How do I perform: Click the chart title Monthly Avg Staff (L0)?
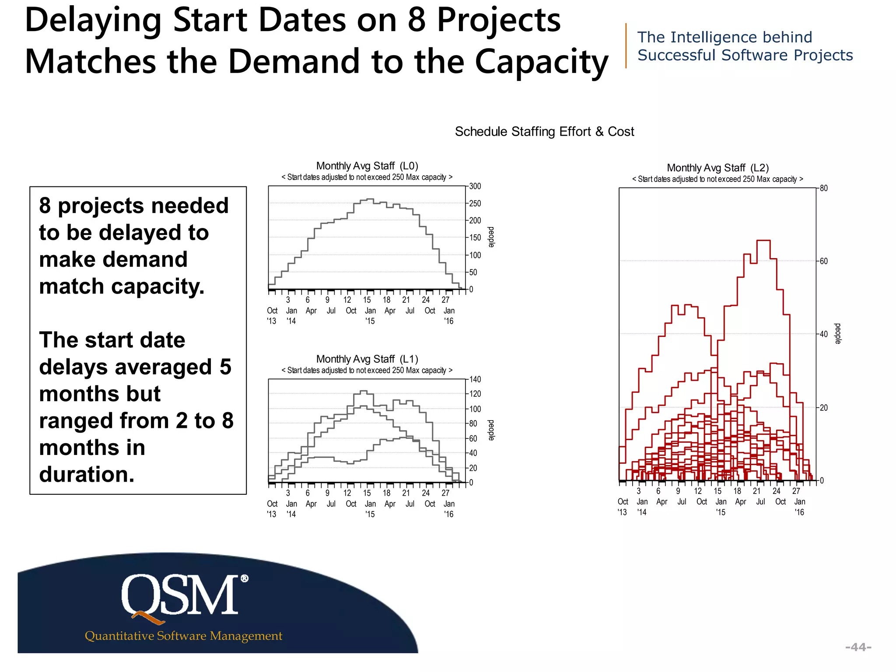367,166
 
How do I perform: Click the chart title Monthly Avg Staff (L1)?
367,359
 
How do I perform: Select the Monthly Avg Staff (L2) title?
717,168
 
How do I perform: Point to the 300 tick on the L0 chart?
475,186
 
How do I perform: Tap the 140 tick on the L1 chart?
475,379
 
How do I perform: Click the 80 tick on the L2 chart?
824,189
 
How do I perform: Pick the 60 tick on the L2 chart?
824,261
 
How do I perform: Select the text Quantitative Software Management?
183,636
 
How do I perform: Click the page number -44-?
858,647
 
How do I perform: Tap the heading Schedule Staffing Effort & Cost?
544,132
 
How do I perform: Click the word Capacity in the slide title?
541,62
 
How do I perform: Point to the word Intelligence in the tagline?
715,38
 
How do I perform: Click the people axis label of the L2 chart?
837,334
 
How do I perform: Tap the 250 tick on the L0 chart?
475,203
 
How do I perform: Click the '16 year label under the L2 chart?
799,512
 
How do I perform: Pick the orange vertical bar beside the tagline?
626,46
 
